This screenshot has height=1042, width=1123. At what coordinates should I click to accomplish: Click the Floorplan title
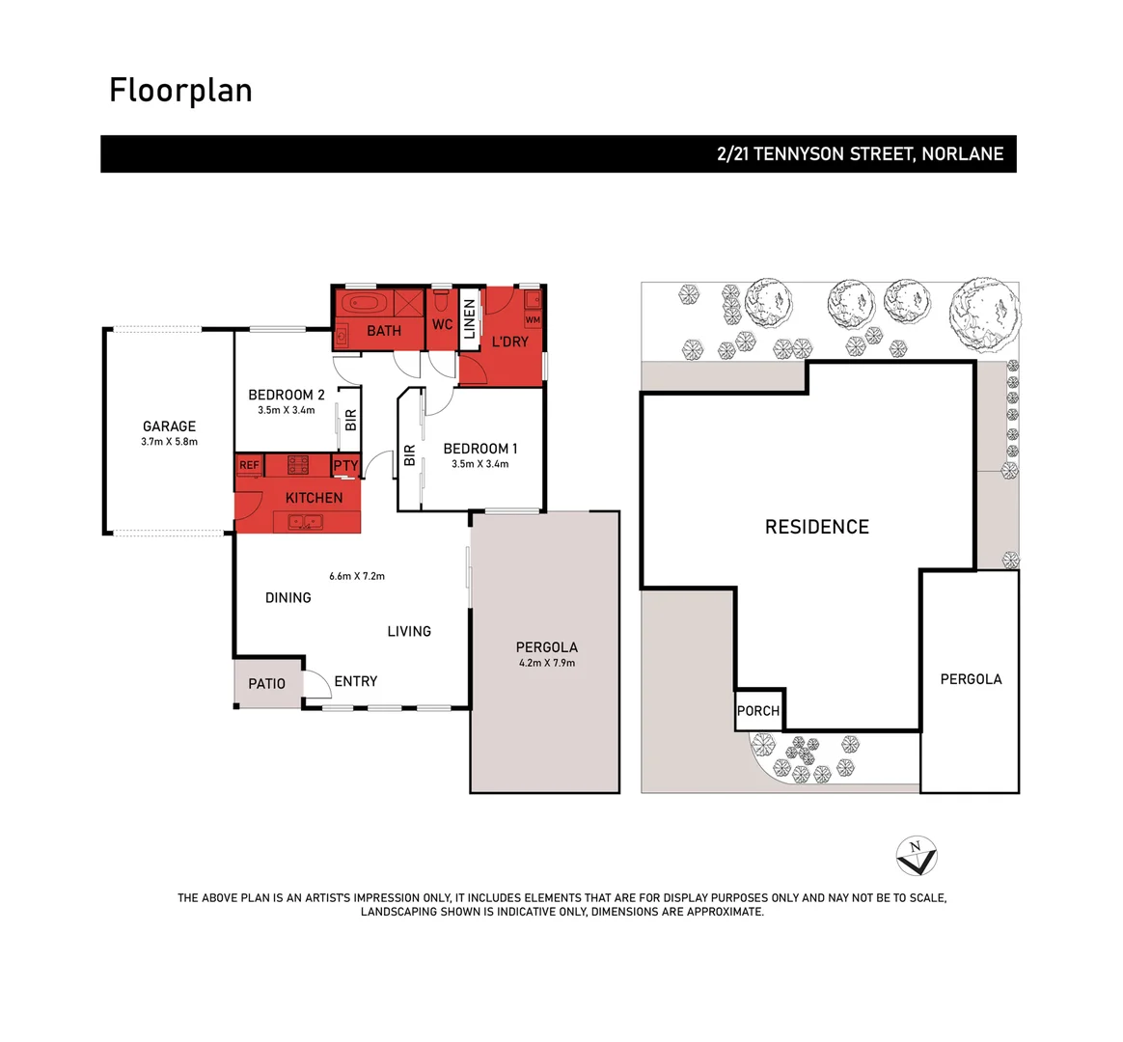(x=180, y=90)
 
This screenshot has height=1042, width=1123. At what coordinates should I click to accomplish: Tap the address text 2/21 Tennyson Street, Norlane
(x=860, y=153)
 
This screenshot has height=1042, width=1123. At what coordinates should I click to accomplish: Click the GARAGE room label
(x=169, y=425)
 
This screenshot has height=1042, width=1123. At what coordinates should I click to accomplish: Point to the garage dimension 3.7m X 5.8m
(x=169, y=442)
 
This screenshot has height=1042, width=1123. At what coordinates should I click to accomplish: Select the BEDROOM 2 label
(x=286, y=395)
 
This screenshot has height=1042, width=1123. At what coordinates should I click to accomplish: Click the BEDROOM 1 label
(x=479, y=449)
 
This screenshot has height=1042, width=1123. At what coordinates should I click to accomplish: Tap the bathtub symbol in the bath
(x=364, y=304)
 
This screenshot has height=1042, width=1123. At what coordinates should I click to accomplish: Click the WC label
(x=442, y=324)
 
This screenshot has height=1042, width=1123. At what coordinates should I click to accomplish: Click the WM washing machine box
(x=533, y=319)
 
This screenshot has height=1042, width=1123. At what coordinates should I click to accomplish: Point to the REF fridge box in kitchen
(x=249, y=465)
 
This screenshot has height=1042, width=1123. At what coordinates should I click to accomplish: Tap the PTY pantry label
(x=345, y=465)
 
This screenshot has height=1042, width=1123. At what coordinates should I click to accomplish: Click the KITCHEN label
(x=314, y=498)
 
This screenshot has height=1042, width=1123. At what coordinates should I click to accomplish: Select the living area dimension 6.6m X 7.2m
(x=357, y=576)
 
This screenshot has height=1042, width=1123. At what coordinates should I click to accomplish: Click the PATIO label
(x=266, y=683)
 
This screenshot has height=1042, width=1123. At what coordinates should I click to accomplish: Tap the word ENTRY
(x=355, y=681)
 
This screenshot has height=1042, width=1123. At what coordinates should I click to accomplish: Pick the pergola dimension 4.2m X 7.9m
(x=546, y=663)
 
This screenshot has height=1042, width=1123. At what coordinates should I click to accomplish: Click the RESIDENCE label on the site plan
(x=816, y=527)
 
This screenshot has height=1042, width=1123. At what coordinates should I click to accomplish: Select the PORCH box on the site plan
(x=758, y=710)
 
